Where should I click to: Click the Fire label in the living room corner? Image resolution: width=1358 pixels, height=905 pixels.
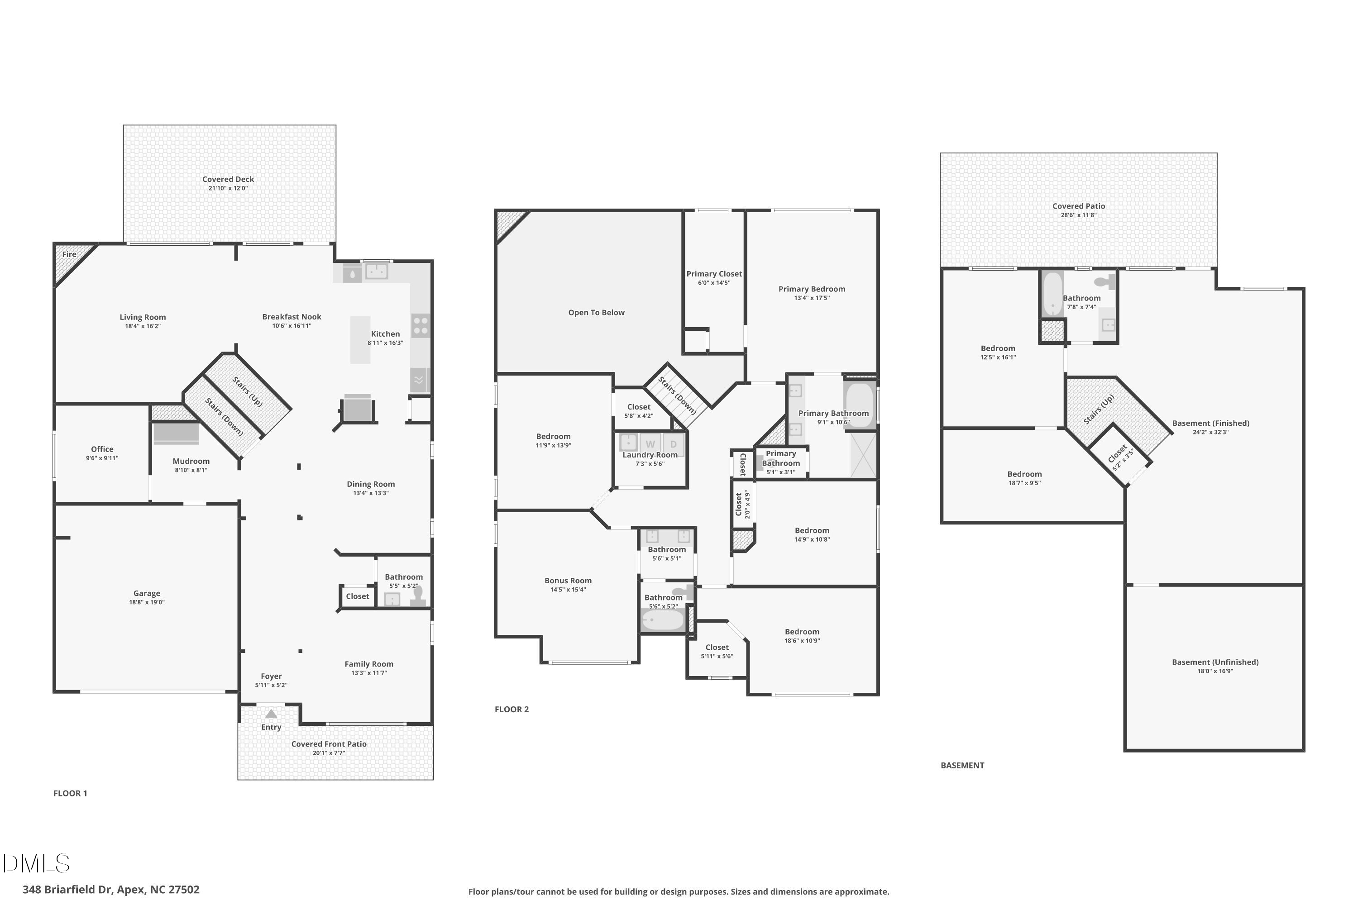(x=69, y=254)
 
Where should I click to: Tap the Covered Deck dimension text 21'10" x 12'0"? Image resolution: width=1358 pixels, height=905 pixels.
(x=228, y=188)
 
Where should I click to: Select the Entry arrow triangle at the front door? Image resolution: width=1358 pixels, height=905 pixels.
(x=271, y=714)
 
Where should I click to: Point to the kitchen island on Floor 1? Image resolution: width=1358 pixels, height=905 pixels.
(x=360, y=339)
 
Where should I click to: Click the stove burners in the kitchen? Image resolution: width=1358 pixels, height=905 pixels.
(x=421, y=325)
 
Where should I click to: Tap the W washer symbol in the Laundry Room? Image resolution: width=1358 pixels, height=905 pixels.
(x=650, y=444)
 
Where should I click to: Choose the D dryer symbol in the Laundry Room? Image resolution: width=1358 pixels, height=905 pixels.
(x=673, y=444)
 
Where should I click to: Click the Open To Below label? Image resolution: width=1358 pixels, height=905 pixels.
(x=596, y=313)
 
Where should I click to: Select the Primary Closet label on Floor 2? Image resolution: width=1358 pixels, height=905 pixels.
(x=714, y=274)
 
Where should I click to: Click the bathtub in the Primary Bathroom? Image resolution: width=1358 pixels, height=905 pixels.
(x=860, y=405)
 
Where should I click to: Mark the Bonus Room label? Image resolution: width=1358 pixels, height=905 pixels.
(x=568, y=581)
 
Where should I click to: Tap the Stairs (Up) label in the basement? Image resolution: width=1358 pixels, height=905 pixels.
(x=1098, y=410)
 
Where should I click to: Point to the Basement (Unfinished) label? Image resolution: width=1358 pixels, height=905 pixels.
(x=1215, y=662)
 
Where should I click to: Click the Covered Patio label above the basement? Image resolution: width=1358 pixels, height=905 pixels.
(x=1078, y=206)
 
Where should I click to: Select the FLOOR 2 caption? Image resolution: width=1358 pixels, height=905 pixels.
(x=512, y=710)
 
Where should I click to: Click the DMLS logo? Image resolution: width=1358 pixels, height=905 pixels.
(x=36, y=863)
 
